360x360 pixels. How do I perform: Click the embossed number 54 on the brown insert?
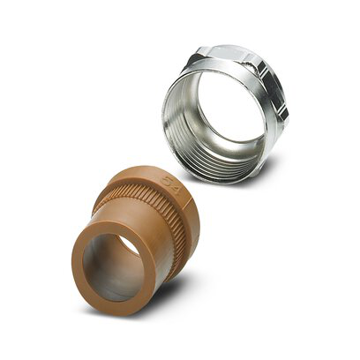169,182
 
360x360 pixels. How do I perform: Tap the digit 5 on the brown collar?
165,180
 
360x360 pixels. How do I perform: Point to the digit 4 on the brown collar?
174,184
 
